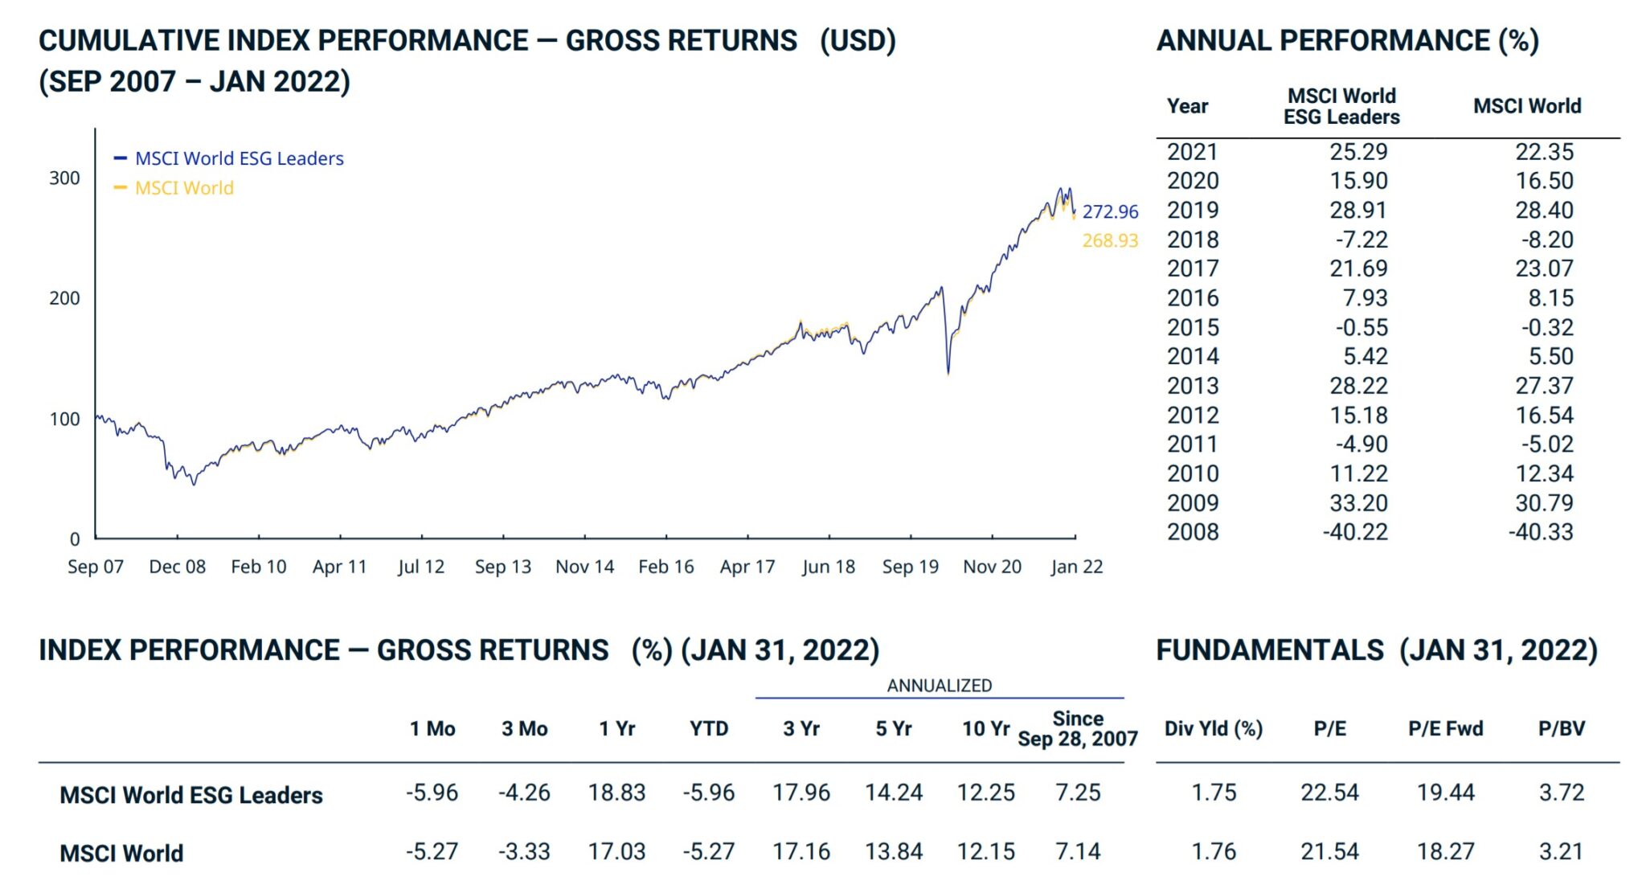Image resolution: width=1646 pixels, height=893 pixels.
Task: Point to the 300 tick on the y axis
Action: [64, 178]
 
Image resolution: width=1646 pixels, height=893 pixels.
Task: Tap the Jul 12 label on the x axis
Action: [420, 567]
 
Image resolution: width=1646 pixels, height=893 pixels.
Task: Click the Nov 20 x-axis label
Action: [992, 567]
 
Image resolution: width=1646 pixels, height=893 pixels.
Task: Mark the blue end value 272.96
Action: [1110, 211]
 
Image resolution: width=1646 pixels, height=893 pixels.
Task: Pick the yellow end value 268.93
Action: [1110, 240]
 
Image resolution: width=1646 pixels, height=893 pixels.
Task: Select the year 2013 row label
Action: [1193, 386]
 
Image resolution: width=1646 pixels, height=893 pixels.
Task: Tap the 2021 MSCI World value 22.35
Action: [1544, 152]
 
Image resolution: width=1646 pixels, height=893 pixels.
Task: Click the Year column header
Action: [1187, 106]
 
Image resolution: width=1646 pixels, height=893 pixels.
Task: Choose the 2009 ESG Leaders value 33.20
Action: [1358, 503]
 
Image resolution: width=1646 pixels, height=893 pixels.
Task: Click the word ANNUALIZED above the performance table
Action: [939, 686]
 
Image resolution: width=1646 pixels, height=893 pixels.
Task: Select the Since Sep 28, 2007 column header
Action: [1077, 728]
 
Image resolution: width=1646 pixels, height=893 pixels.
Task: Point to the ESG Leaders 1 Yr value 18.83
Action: [616, 793]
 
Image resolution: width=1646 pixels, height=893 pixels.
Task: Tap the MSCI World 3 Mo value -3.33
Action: [524, 851]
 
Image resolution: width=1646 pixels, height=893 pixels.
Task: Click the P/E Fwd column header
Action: [1445, 728]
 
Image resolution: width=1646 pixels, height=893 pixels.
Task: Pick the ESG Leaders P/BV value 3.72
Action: [1561, 793]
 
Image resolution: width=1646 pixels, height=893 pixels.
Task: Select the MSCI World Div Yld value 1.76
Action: [1214, 851]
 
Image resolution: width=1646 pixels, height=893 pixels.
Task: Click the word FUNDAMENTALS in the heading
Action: [1270, 649]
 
